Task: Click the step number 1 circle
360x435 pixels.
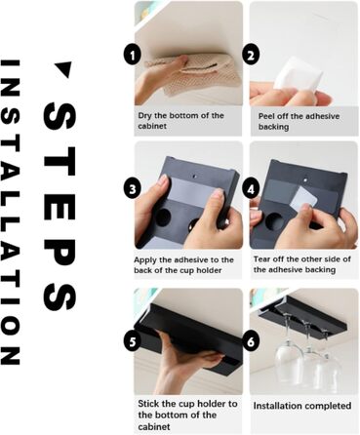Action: coord(132,56)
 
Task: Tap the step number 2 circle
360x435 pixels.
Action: coord(251,56)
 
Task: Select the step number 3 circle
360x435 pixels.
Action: coord(132,189)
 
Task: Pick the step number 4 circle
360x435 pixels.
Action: coord(251,189)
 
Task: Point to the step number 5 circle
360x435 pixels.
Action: coord(132,341)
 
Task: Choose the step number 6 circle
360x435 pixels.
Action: coord(251,341)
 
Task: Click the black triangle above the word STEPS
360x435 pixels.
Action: coord(63,68)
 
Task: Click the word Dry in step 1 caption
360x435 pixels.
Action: coord(145,116)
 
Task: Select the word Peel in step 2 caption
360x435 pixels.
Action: coord(266,116)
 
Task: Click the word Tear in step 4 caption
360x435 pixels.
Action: coord(261,259)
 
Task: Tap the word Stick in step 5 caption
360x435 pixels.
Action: coord(148,404)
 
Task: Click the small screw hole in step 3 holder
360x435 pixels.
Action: coord(195,177)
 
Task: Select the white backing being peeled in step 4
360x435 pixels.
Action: coord(302,199)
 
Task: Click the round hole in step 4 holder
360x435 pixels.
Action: coord(274,221)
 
